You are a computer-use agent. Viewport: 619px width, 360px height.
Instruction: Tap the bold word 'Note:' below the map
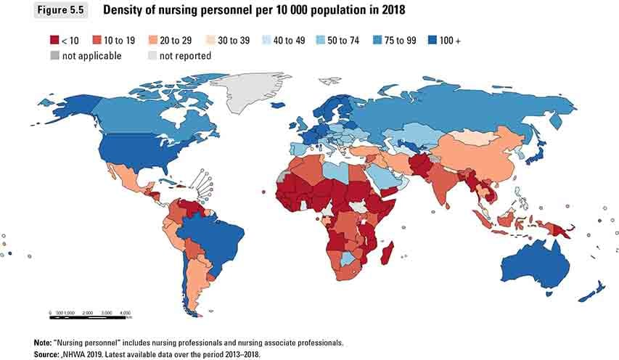pyautogui.click(x=43, y=342)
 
